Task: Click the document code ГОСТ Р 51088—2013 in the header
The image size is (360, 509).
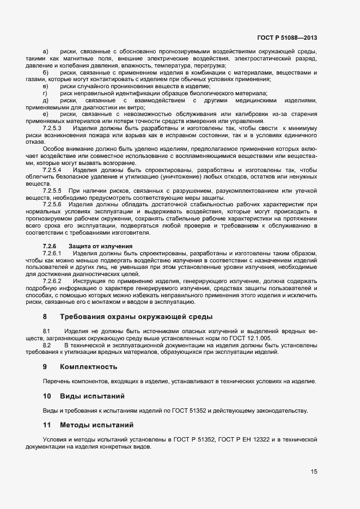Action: (287, 38)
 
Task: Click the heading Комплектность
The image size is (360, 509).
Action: (88, 366)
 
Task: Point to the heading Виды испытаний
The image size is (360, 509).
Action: (92, 395)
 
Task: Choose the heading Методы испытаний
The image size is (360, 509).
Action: (96, 424)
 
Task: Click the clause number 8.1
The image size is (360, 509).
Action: (46, 331)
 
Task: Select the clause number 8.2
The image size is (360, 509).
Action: (46, 345)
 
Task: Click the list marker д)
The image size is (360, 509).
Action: (45, 101)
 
